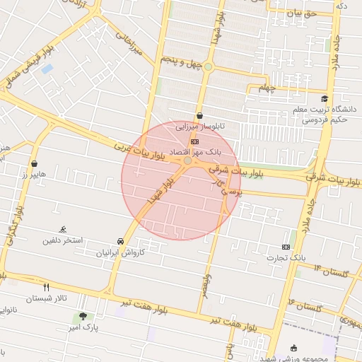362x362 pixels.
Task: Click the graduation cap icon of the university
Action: tap(325, 99)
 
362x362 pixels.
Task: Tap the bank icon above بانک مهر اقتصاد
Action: tap(195, 141)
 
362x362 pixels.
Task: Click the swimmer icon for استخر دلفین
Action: tap(63, 230)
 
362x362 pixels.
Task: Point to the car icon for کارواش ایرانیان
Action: tap(120, 241)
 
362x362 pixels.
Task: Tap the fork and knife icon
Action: tap(47, 287)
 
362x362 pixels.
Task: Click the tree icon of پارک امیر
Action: tap(83, 316)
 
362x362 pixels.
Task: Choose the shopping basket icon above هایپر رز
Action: tap(34, 164)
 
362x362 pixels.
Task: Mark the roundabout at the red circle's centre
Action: tap(187, 161)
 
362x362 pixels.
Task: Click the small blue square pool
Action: tap(47, 69)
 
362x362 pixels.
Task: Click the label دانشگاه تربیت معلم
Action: tap(330, 110)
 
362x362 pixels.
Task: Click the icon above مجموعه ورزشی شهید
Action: tap(294, 348)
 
